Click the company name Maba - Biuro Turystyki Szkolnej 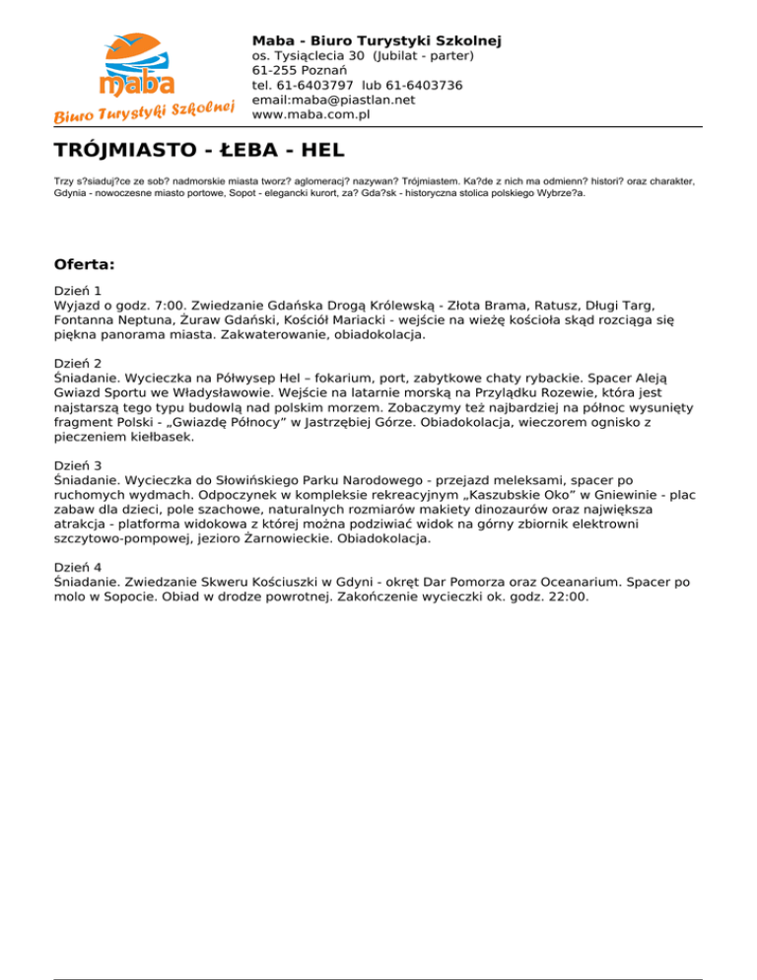377,40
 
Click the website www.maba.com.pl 324,114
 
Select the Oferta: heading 85,265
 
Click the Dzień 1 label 79,292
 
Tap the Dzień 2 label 79,363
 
